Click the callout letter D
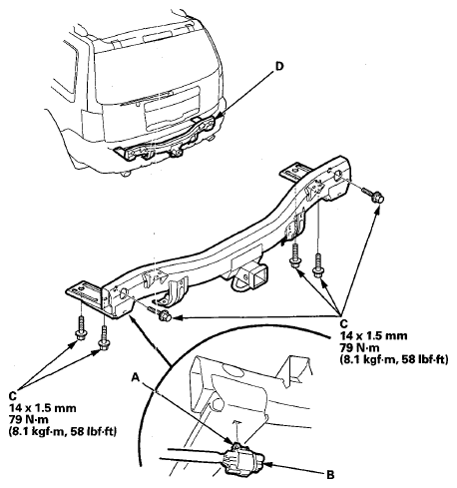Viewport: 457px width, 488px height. [x=279, y=67]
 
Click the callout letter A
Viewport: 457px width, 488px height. [x=136, y=377]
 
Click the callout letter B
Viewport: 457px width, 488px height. [x=330, y=475]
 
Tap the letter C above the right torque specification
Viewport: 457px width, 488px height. [x=343, y=323]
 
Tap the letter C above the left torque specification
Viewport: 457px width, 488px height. [x=12, y=396]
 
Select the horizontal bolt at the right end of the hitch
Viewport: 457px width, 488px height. [x=372, y=196]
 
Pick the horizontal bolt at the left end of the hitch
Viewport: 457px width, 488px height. [x=161, y=313]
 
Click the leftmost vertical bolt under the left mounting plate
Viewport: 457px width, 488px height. [x=81, y=327]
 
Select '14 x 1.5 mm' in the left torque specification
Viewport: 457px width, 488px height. [x=43, y=408]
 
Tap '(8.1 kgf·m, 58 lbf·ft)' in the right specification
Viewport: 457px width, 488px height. [x=394, y=359]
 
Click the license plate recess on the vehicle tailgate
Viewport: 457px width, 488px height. [x=173, y=108]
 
